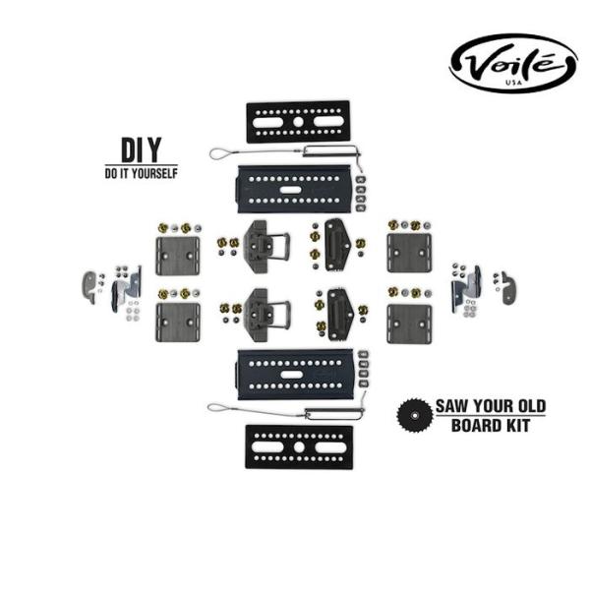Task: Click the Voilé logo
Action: point(512,64)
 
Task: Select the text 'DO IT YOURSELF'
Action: point(142,173)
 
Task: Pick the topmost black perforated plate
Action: point(298,121)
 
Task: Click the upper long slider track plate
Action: point(296,187)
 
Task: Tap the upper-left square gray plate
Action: point(177,255)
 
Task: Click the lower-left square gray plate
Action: point(177,322)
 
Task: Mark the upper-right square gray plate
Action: point(409,254)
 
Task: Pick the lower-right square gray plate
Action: point(409,323)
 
